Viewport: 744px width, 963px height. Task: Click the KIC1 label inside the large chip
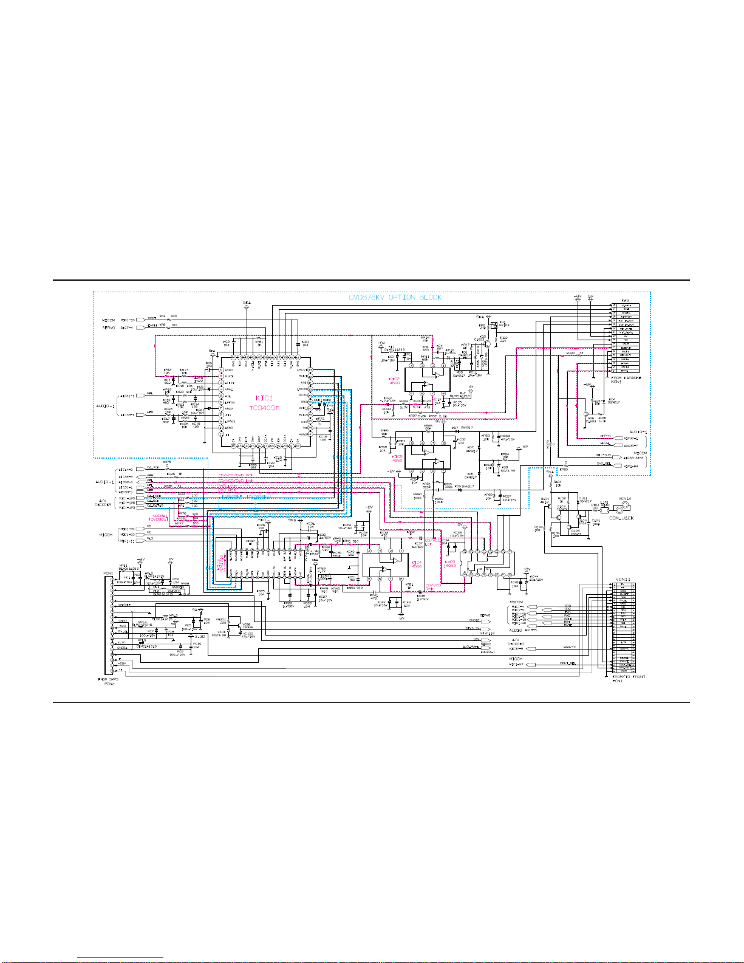[264, 398]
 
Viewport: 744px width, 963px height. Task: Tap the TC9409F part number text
[264, 408]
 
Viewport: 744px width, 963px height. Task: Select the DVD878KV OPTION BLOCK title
[395, 297]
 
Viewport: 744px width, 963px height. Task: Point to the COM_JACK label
[621, 518]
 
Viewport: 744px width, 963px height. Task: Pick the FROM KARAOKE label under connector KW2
[626, 378]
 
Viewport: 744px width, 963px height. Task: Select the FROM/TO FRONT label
[629, 676]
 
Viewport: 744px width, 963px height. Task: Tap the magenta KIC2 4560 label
[395, 381]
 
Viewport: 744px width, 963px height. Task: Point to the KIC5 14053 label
[449, 564]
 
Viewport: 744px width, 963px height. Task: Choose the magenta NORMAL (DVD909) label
[160, 518]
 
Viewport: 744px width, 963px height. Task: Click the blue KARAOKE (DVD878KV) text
[246, 497]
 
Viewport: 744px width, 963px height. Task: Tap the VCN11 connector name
[623, 578]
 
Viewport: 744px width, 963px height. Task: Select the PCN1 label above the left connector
[108, 572]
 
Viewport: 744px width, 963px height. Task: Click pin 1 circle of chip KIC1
[221, 369]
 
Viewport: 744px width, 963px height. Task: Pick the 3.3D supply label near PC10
[199, 636]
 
